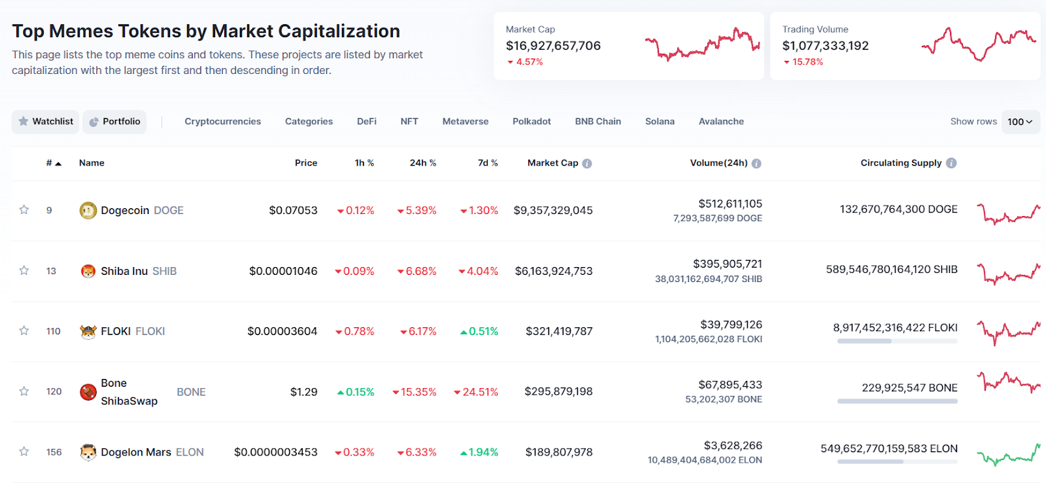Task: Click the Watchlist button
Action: click(46, 122)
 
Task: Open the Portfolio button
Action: click(114, 122)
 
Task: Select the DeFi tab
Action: click(367, 122)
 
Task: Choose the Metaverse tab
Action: click(465, 122)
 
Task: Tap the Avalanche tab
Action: click(721, 122)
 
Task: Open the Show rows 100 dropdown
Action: click(1020, 122)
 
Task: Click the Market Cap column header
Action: click(553, 163)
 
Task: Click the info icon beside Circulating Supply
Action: click(951, 163)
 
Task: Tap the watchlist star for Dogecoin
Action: click(24, 210)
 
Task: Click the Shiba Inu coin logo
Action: click(88, 271)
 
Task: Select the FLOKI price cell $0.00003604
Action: click(282, 332)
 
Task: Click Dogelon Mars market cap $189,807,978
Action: click(559, 452)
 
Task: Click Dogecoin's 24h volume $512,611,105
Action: click(730, 204)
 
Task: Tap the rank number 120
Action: click(54, 391)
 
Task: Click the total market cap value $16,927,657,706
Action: click(553, 46)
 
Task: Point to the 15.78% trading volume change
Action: click(807, 62)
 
